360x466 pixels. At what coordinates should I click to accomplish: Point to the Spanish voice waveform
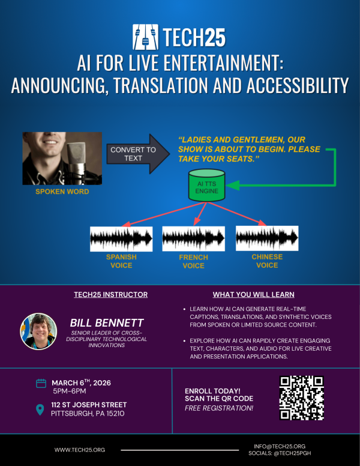(121, 238)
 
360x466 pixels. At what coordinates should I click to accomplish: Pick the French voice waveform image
(194, 238)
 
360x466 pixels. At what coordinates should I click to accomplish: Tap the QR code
(302, 398)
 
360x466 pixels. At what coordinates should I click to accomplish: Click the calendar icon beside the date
(41, 383)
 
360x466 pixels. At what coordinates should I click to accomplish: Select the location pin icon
(41, 410)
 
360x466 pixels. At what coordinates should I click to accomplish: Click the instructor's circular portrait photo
(39, 331)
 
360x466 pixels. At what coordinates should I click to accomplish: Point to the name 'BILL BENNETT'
(106, 323)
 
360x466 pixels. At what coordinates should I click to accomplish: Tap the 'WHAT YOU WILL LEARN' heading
(254, 295)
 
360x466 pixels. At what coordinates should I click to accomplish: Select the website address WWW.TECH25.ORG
(80, 449)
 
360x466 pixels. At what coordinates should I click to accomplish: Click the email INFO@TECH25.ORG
(280, 446)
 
